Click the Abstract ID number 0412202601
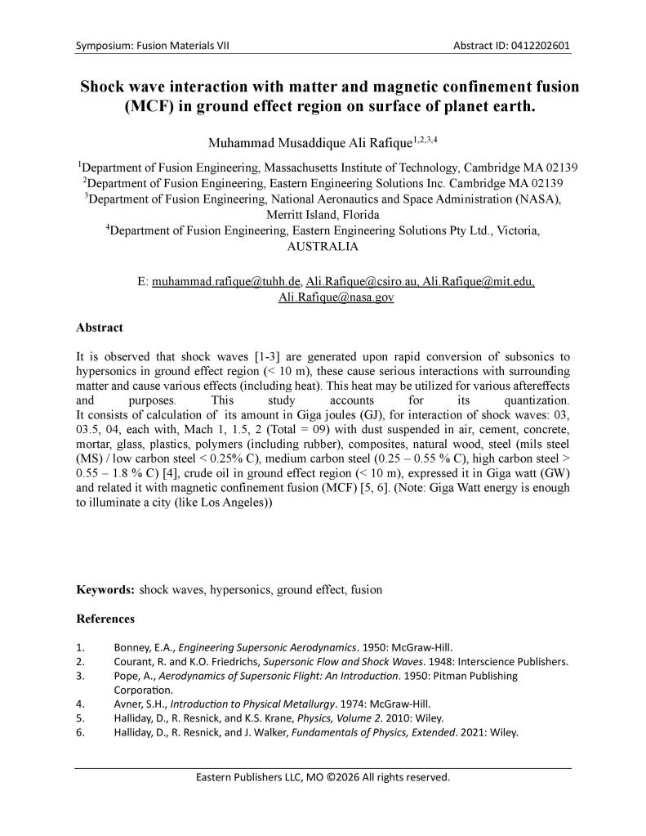(539, 45)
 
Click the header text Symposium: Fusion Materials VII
(152, 45)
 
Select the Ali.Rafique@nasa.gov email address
(336, 297)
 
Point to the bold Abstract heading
(100, 328)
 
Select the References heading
(105, 619)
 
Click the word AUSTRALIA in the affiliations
(323, 246)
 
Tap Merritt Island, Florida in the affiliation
(323, 215)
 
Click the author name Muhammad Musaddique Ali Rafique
(299, 142)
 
